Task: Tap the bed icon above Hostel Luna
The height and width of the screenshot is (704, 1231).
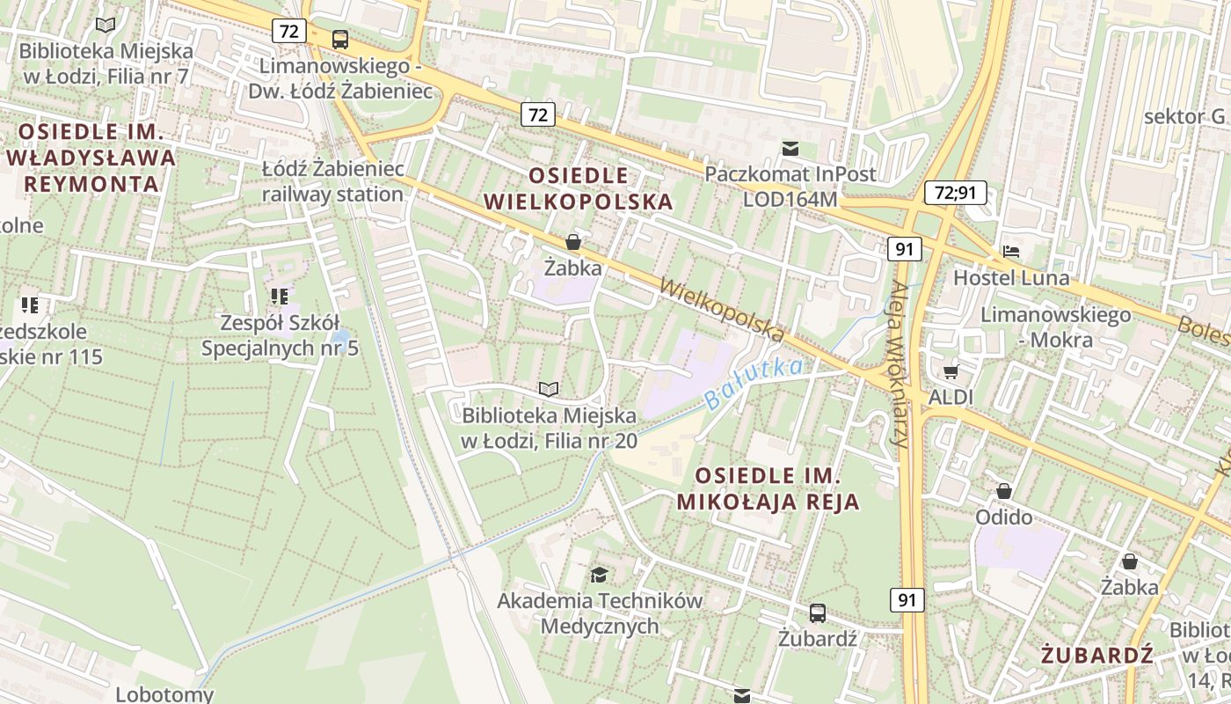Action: point(1011,252)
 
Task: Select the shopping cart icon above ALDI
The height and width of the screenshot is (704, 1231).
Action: point(951,371)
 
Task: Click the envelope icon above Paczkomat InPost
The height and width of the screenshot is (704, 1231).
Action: point(790,149)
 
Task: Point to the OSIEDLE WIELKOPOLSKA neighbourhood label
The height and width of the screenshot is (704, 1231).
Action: point(578,188)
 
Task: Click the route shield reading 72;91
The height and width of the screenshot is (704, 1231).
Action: point(956,193)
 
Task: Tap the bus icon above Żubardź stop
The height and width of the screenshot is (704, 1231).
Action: point(817,613)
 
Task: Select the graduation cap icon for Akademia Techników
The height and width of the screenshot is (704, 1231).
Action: point(599,575)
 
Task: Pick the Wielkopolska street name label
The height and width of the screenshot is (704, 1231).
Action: point(720,310)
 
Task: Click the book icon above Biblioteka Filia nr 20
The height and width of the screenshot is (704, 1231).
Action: point(549,389)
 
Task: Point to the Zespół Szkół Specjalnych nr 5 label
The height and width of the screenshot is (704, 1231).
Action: point(280,335)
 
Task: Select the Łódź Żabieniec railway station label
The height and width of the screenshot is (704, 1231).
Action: point(332,181)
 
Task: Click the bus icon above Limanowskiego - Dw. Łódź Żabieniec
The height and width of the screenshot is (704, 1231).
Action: point(340,40)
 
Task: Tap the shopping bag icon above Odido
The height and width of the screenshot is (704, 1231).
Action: point(1003,491)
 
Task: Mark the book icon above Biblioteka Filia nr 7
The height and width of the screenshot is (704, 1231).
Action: point(106,26)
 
